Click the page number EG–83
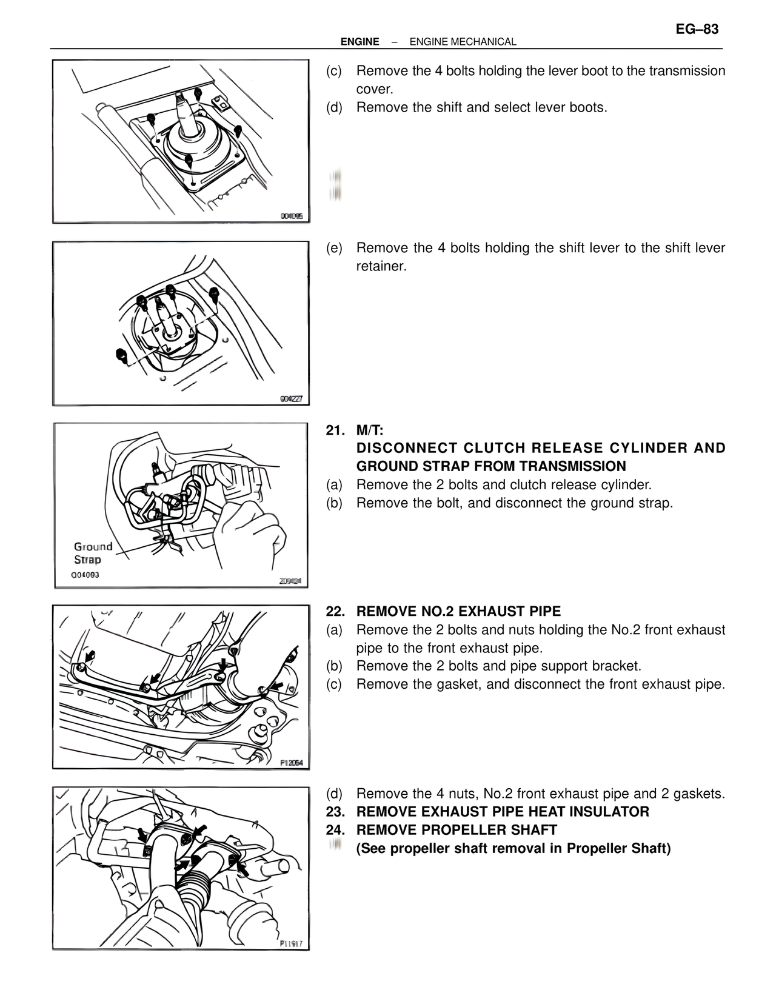tap(697, 29)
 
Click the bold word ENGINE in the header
tap(360, 42)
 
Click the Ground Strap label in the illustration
tap(93, 553)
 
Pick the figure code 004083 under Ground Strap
tap(85, 575)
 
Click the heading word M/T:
tap(370, 430)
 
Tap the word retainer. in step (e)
tap(381, 266)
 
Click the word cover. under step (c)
tap(375, 89)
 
